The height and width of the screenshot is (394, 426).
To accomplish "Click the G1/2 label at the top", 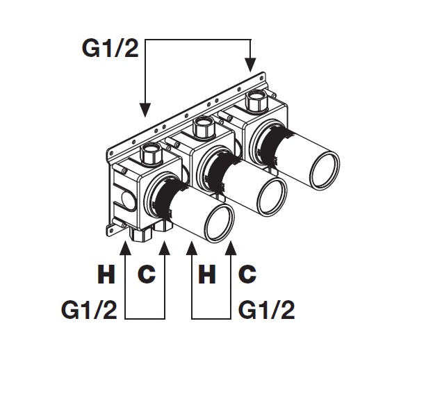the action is coord(110,49).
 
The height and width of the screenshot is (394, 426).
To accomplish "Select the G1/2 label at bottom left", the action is coord(89,310).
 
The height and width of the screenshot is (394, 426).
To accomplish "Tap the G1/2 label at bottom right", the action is coord(267,310).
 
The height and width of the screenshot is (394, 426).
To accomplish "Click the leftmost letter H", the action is coord(106,274).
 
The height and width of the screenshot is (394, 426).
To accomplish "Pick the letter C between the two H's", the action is coord(147,274).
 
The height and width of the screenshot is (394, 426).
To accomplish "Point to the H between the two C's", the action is coord(207,274).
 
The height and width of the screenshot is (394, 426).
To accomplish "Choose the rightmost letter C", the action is coord(247,274).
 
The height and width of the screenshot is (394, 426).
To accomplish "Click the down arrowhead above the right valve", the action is coord(251,65).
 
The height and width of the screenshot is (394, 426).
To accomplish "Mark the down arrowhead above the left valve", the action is coord(145,110).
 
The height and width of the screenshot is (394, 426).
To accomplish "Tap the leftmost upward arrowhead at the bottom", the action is coord(125,248).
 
